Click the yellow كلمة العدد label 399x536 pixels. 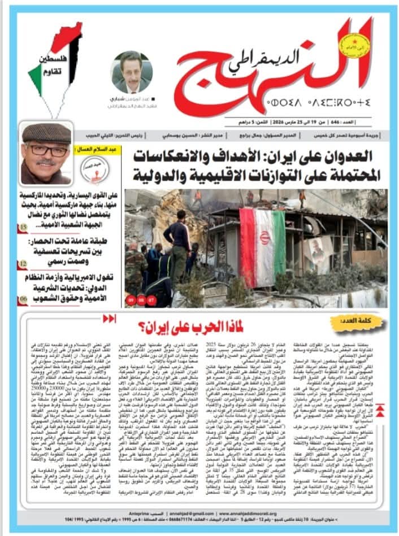pyautogui.click(x=356, y=326)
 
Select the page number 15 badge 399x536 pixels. pyautogui.click(x=23, y=228)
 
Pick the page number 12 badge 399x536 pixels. pyautogui.click(x=23, y=263)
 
